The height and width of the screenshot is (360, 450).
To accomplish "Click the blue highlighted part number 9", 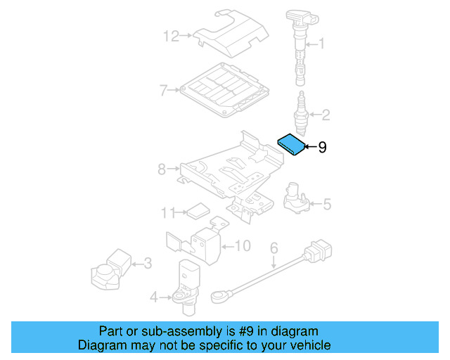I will pos(290,144).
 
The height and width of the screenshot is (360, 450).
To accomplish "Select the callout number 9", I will pos(323,148).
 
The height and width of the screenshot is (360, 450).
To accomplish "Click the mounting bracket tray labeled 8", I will pos(225,172).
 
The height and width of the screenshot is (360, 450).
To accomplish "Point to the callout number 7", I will pos(162,90).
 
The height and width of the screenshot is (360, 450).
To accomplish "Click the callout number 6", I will pos(274,247).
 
